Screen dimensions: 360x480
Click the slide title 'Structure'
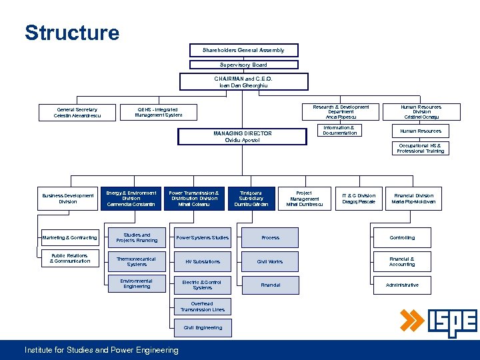tap(72, 33)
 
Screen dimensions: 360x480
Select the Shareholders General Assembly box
tap(243, 50)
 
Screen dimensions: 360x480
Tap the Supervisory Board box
tap(243, 65)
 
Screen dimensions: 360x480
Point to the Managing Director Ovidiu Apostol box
tap(242, 137)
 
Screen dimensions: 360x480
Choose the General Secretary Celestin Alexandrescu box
tap(77, 113)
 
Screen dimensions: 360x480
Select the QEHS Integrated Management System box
tap(158, 113)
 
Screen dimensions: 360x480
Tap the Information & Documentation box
tap(340, 131)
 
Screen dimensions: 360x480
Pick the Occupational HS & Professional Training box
tap(420, 148)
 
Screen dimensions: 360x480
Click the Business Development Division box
tap(68, 199)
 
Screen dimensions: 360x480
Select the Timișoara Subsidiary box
tap(251, 199)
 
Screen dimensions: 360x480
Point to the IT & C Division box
tap(359, 199)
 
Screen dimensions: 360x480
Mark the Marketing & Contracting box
tap(69, 237)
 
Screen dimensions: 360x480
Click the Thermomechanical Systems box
tap(136, 261)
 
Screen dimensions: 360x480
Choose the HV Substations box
tap(203, 261)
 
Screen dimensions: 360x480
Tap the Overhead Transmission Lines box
tap(203, 307)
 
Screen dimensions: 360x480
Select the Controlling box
tap(402, 237)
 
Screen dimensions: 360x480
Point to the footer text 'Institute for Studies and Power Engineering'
tap(101, 350)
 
